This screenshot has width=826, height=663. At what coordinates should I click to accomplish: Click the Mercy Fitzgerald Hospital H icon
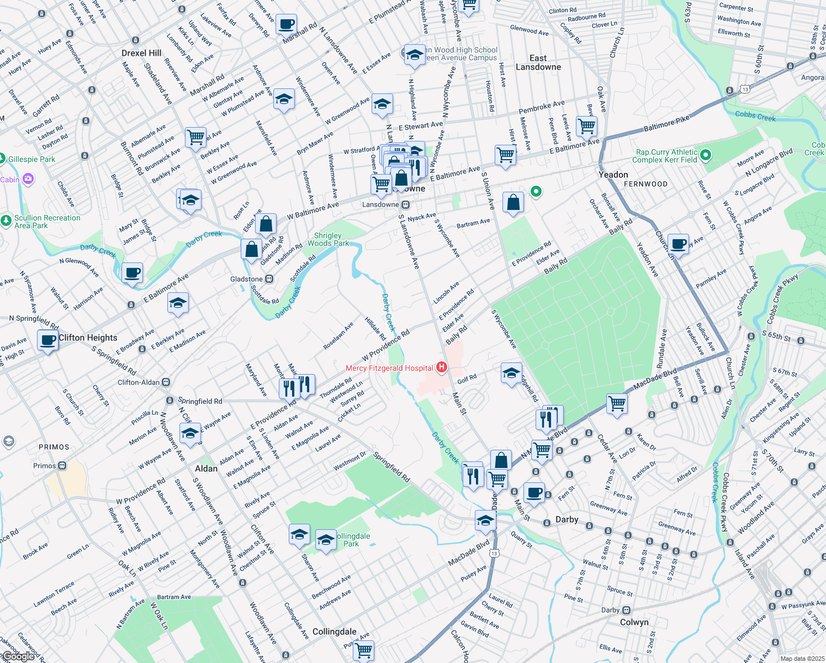click(441, 367)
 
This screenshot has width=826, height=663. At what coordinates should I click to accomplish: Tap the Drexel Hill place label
click(141, 53)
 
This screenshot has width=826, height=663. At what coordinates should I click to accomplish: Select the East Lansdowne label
click(538, 62)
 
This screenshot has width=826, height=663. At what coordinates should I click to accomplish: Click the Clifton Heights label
click(88, 338)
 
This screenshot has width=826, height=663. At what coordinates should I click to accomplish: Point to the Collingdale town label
click(334, 632)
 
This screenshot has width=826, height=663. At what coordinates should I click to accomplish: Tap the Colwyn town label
click(634, 622)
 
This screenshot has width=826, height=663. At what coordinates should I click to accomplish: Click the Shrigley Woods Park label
click(328, 239)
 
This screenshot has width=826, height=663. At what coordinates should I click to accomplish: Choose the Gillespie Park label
click(31, 159)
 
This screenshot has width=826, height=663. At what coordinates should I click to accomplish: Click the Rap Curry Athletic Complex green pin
click(706, 156)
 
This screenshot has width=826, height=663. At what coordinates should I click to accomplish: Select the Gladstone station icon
click(269, 279)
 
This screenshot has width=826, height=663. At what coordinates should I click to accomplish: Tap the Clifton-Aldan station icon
click(166, 382)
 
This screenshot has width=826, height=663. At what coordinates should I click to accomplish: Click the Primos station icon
click(62, 466)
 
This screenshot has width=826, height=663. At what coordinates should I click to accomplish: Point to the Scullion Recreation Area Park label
click(47, 222)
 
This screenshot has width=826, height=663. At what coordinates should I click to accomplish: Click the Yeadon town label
click(613, 175)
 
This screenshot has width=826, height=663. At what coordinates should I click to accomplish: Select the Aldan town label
click(206, 469)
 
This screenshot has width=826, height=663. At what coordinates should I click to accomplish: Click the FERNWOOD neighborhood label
click(645, 184)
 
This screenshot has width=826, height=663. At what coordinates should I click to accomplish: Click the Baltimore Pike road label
click(666, 124)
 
